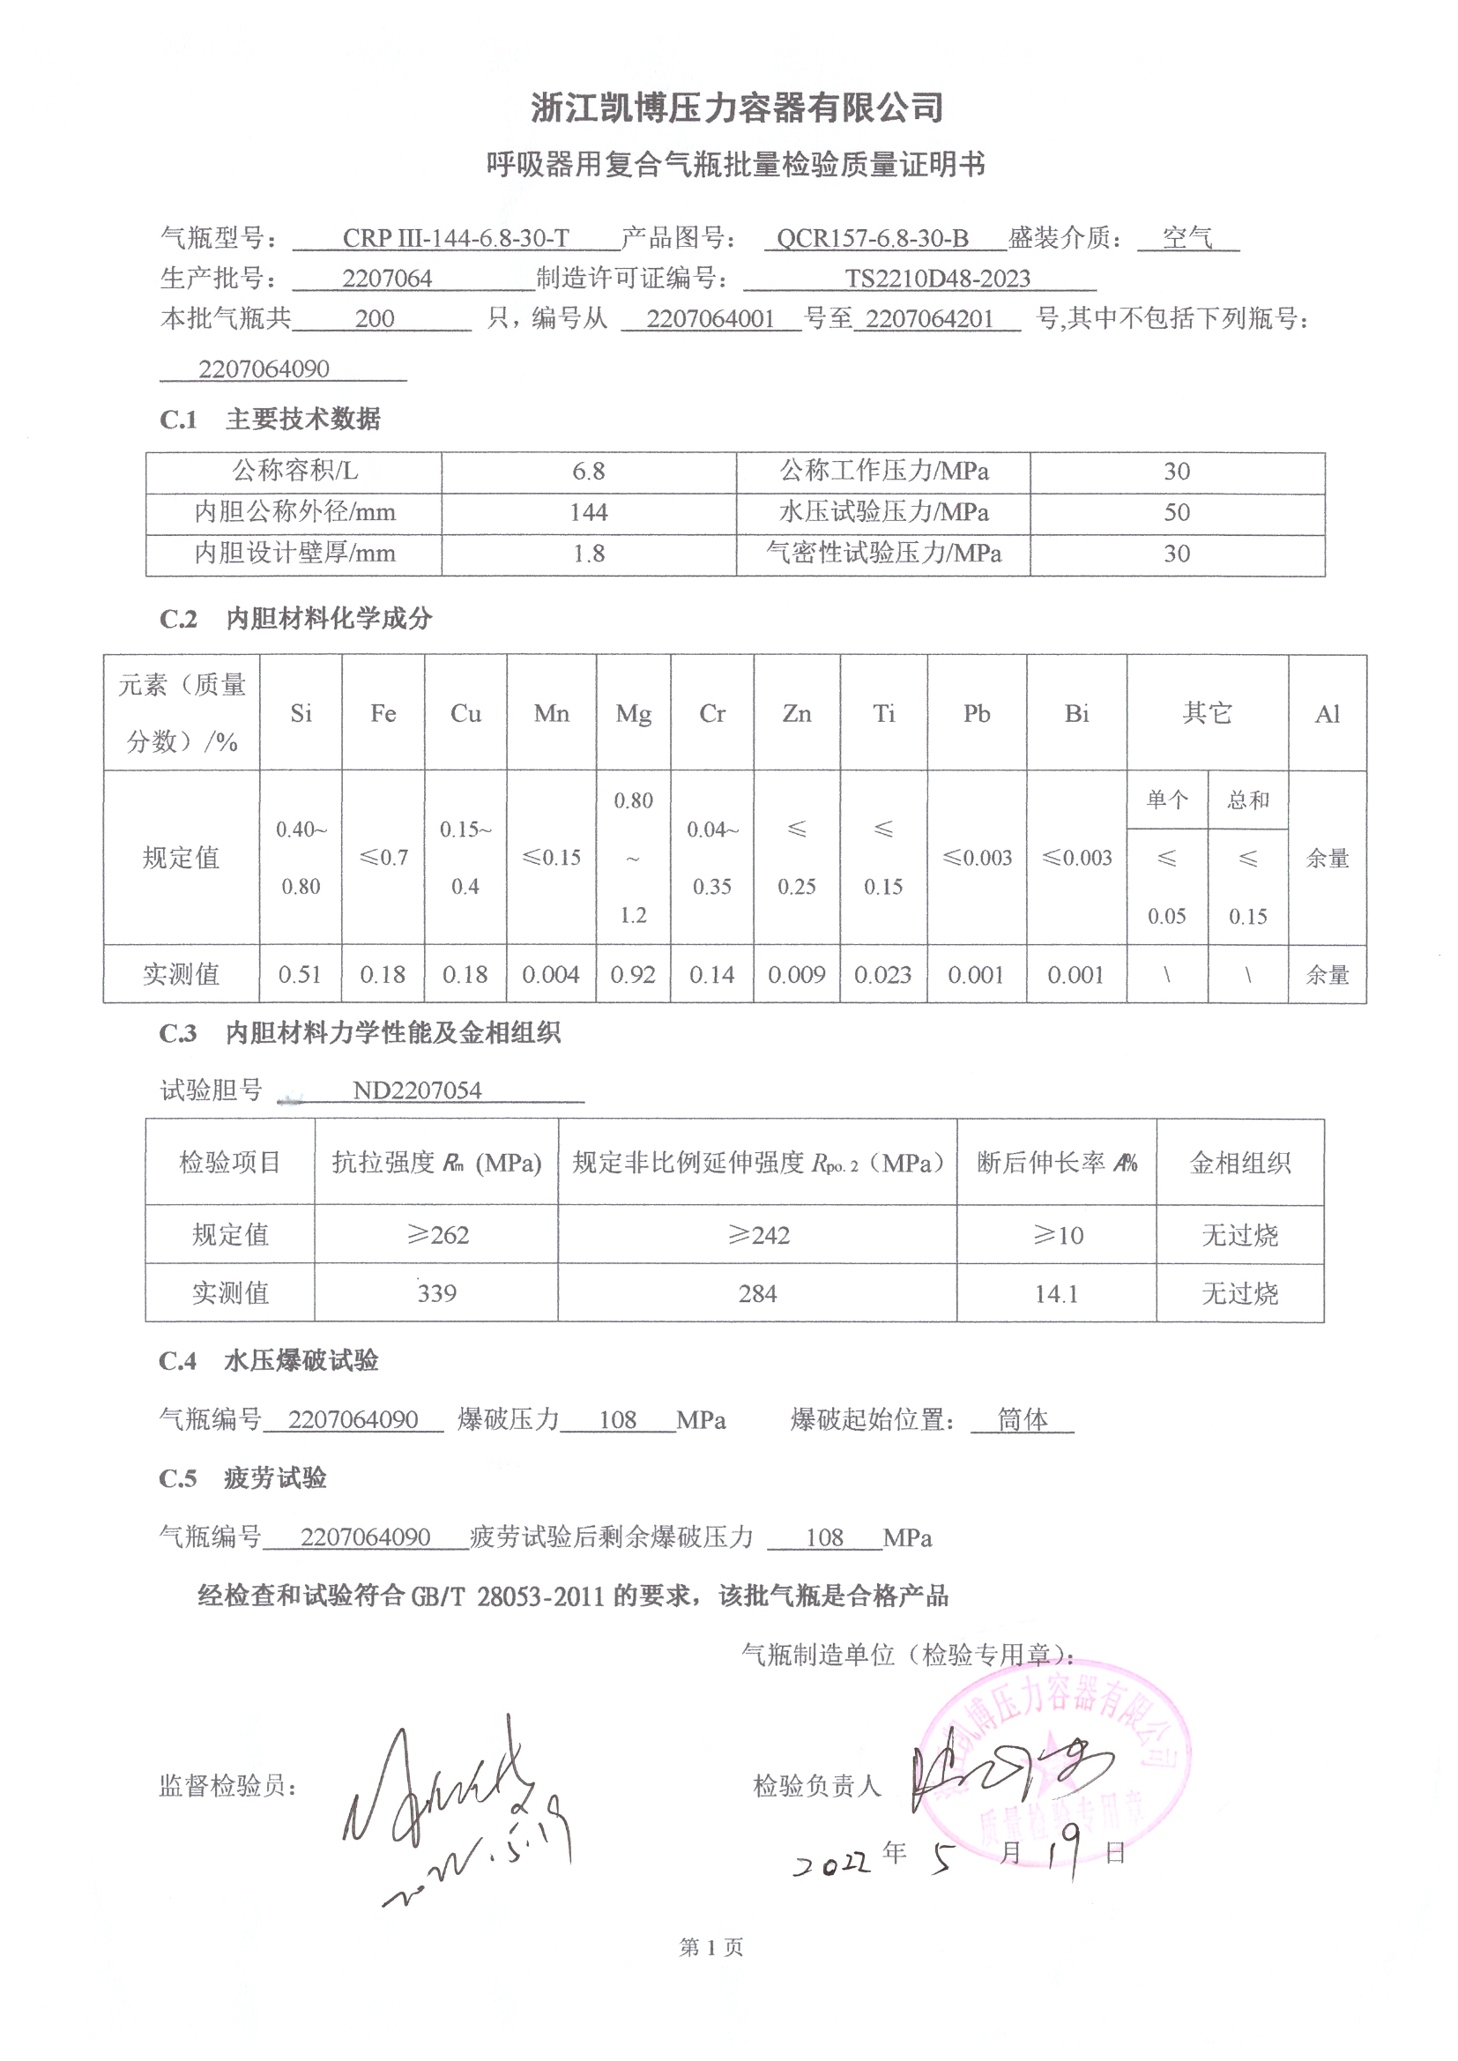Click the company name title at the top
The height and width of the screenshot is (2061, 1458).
point(736,108)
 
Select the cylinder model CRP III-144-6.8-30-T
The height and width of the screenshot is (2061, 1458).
point(455,239)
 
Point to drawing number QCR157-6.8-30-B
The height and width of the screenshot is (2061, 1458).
point(872,239)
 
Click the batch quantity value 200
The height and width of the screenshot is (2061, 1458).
point(375,318)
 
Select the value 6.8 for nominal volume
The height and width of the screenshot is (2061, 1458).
point(588,472)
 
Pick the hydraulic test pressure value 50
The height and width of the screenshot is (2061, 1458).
point(1176,512)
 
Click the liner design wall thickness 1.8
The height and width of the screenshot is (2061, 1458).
point(588,554)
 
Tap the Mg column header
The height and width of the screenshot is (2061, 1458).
point(633,715)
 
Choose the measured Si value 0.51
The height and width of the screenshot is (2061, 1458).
point(300,975)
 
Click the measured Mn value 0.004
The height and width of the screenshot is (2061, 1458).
point(550,975)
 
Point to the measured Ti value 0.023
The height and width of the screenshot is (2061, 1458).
point(882,975)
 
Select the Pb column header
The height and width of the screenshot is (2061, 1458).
point(976,715)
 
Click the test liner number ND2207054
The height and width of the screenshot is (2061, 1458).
point(417,1090)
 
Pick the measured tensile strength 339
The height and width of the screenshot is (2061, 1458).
point(436,1293)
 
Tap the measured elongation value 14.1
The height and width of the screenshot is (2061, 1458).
point(1056,1293)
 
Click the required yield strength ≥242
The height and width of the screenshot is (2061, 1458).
point(758,1235)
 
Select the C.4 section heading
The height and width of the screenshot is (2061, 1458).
point(269,1362)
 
